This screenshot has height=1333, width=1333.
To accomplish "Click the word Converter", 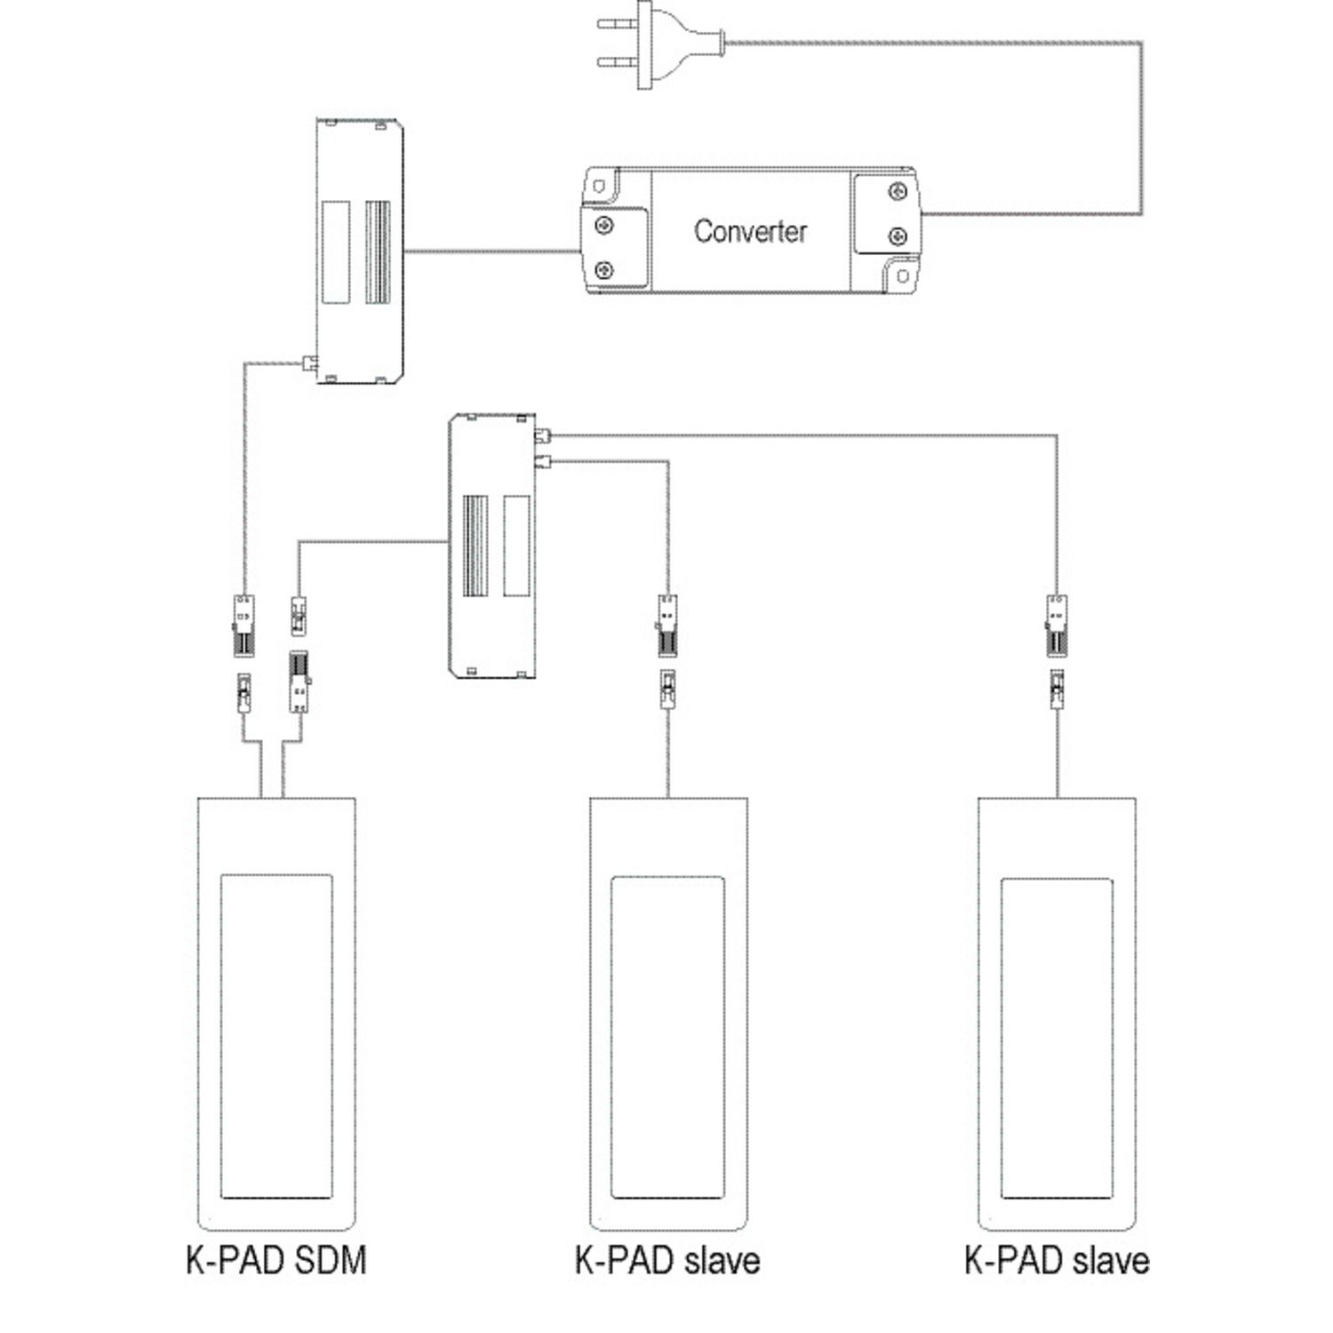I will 750,231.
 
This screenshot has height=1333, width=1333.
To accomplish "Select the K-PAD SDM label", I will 276,1261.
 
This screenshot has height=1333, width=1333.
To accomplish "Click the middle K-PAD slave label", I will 667,1261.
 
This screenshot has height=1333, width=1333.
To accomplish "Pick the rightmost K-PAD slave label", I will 1057,1261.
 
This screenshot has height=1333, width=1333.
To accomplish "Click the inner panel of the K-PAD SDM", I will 276,1036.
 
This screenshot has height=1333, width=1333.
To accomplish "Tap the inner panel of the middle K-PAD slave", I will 667,1037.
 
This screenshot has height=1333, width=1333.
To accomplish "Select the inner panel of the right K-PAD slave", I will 1057,1037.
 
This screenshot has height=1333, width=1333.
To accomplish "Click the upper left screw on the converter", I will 604,225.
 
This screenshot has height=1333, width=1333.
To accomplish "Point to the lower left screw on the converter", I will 604,269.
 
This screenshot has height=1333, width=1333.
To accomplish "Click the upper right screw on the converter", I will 898,192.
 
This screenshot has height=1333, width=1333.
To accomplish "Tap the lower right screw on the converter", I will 898,236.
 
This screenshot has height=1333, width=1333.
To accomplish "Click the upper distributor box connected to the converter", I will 360,251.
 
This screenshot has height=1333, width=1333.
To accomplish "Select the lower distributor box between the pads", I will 491,545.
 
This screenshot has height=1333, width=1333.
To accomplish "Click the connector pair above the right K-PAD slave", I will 1057,651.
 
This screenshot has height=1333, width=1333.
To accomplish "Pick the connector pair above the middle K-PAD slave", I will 667,651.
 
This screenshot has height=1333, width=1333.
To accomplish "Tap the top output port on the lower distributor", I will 543,435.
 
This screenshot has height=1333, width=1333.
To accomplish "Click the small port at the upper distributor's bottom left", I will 310,363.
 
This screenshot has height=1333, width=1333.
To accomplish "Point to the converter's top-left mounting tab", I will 600,185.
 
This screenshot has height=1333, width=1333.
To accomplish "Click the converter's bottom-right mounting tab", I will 902,275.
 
